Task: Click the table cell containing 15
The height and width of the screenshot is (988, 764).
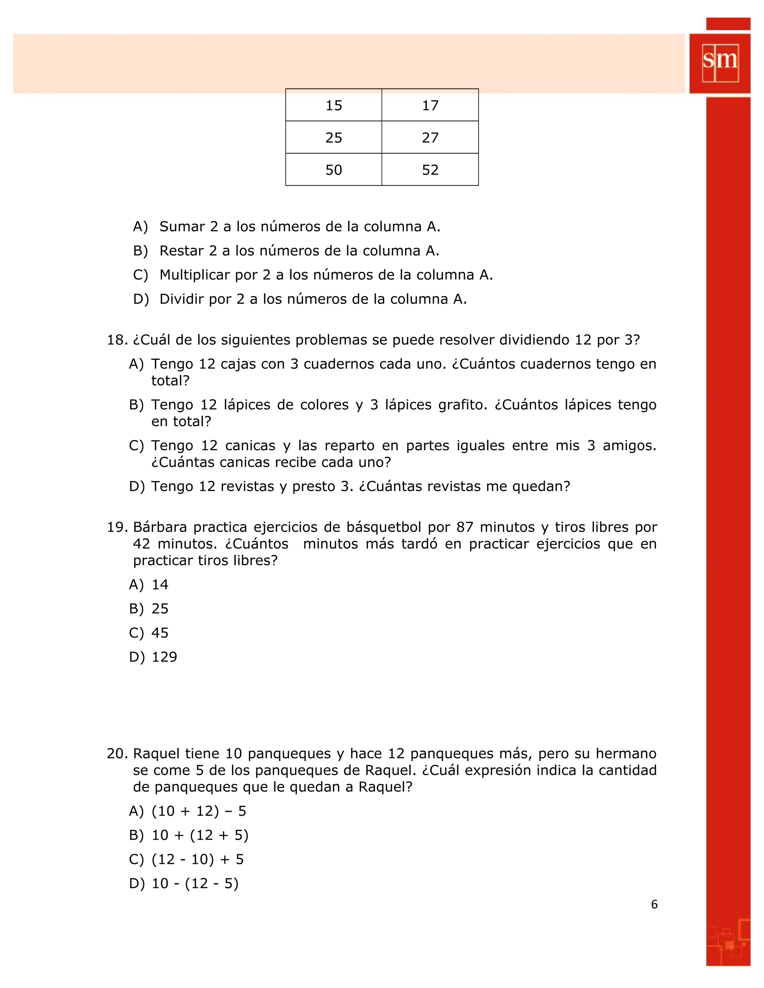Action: point(334,106)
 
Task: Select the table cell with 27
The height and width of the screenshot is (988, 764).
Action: point(430,138)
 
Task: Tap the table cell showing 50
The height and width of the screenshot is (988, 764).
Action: point(334,170)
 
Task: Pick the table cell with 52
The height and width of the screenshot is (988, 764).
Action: point(430,170)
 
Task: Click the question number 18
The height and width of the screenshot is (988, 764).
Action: point(117,340)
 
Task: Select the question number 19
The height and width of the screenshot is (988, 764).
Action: point(117,527)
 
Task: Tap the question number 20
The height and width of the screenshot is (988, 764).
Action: point(117,753)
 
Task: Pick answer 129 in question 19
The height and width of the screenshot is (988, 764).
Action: point(164,657)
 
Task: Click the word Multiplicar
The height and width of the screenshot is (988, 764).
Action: point(195,275)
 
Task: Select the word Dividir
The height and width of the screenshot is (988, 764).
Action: point(181,299)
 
